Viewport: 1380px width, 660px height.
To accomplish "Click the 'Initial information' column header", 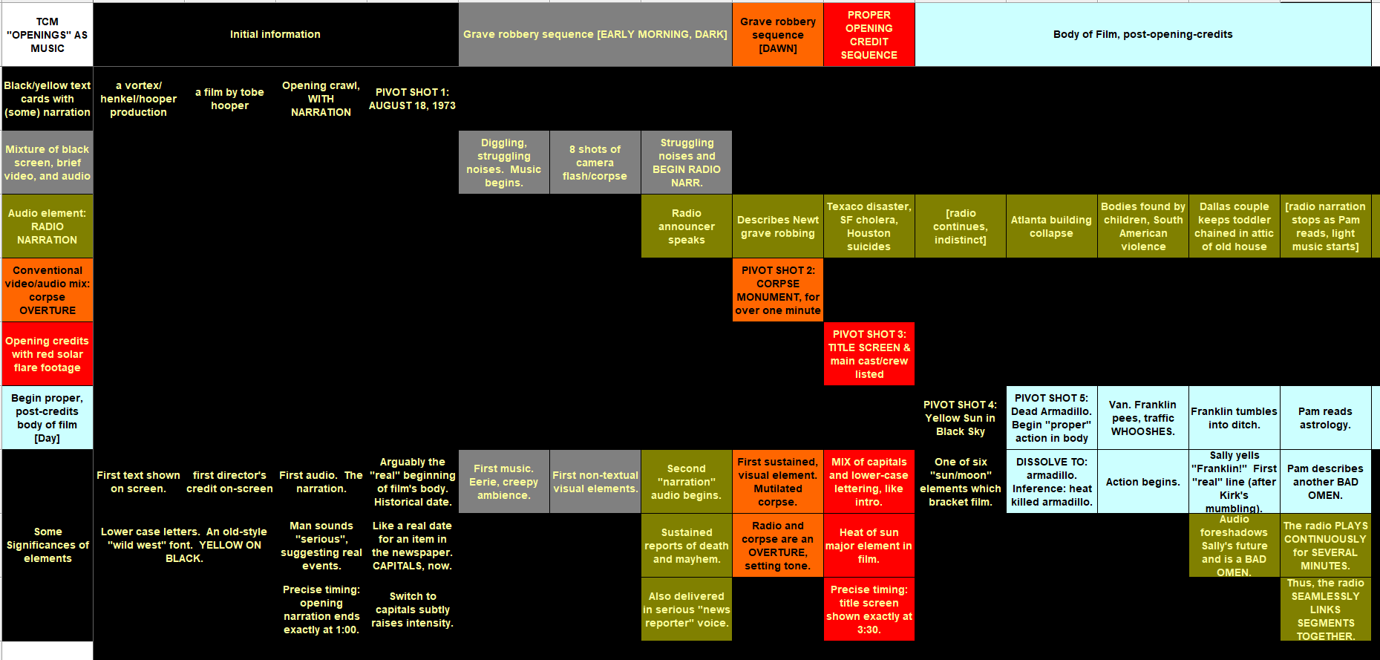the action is click(275, 34).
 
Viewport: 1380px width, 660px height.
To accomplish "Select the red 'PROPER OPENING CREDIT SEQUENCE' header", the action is click(869, 34).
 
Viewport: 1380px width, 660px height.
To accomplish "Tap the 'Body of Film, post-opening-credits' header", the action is click(1142, 34).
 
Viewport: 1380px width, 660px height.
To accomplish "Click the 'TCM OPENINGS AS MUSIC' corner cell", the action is click(48, 34).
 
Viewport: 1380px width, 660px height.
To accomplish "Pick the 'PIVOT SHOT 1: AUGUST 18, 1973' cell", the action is click(412, 99).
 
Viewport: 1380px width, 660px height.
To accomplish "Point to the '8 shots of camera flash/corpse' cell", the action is click(595, 163).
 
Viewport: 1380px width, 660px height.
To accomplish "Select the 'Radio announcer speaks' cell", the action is click(687, 226).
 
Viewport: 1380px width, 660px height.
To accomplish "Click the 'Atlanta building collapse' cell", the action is click(1051, 226).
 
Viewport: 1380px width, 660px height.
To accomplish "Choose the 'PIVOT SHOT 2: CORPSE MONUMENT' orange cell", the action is click(778, 290).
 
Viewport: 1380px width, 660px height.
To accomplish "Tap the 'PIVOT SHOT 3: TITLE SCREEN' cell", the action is click(869, 354).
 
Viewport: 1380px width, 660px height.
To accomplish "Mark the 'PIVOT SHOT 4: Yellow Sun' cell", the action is click(961, 418).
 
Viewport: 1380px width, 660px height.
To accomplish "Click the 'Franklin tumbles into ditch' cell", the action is click(1234, 418).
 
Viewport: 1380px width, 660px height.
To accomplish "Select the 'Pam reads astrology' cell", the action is click(1325, 418).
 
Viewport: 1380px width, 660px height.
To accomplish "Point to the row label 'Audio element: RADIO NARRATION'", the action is click(48, 226).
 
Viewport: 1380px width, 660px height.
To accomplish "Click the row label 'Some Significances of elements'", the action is click(48, 545).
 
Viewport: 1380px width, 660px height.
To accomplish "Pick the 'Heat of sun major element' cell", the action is click(869, 546).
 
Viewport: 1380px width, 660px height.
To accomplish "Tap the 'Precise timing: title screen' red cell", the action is click(869, 610).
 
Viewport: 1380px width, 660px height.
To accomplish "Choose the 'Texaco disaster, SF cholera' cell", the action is click(869, 226).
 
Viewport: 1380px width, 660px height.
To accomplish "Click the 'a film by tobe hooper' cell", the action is click(229, 99).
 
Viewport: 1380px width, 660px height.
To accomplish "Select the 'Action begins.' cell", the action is click(1142, 482).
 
